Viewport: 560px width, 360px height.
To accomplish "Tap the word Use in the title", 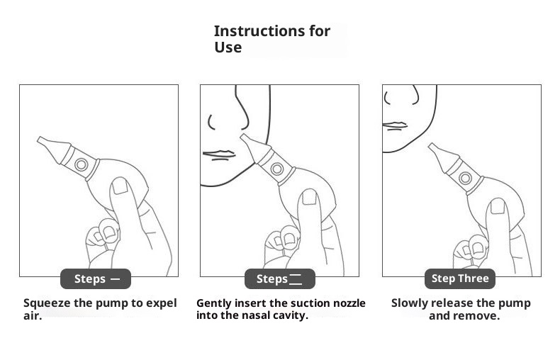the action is tap(228, 47).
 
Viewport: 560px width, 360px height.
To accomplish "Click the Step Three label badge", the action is tap(460, 279).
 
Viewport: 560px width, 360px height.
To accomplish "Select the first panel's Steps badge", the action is tap(96, 279).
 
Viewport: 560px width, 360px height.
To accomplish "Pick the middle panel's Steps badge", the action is tap(279, 279).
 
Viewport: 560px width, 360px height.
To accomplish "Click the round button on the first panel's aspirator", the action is tap(81, 164).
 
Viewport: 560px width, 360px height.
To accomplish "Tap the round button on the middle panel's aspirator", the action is tap(276, 169).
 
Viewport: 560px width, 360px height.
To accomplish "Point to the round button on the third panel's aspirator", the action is tap(465, 178).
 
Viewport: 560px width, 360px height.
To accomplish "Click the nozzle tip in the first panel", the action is tap(38, 139).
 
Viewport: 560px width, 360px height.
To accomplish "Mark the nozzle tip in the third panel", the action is tap(430, 145).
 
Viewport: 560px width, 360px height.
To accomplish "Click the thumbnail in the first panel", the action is tap(120, 186).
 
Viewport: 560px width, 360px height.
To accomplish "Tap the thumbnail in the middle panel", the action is tap(309, 197).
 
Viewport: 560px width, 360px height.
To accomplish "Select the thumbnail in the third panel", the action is tap(498, 206).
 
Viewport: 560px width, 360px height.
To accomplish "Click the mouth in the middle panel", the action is tap(219, 155).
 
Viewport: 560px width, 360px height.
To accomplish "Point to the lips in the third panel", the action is tap(395, 125).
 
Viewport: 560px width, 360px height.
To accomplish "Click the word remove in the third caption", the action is tap(477, 316).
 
